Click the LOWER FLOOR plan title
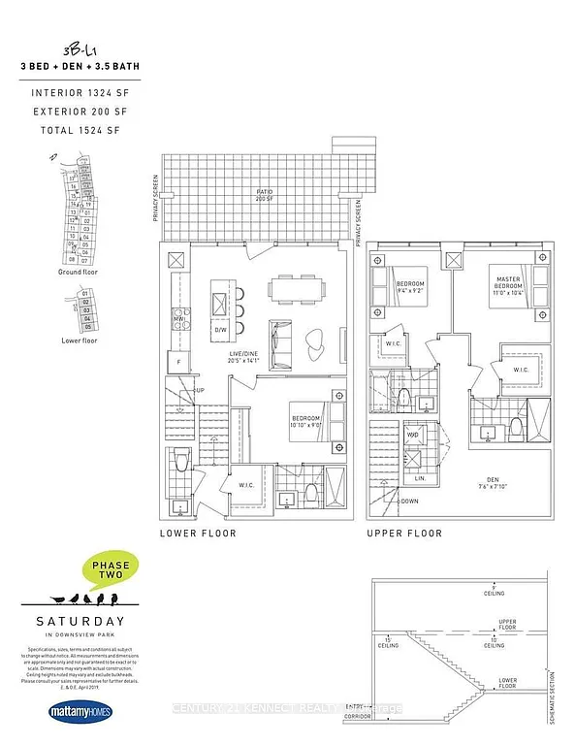(x=198, y=534)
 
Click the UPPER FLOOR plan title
(x=403, y=534)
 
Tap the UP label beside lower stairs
(x=199, y=390)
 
